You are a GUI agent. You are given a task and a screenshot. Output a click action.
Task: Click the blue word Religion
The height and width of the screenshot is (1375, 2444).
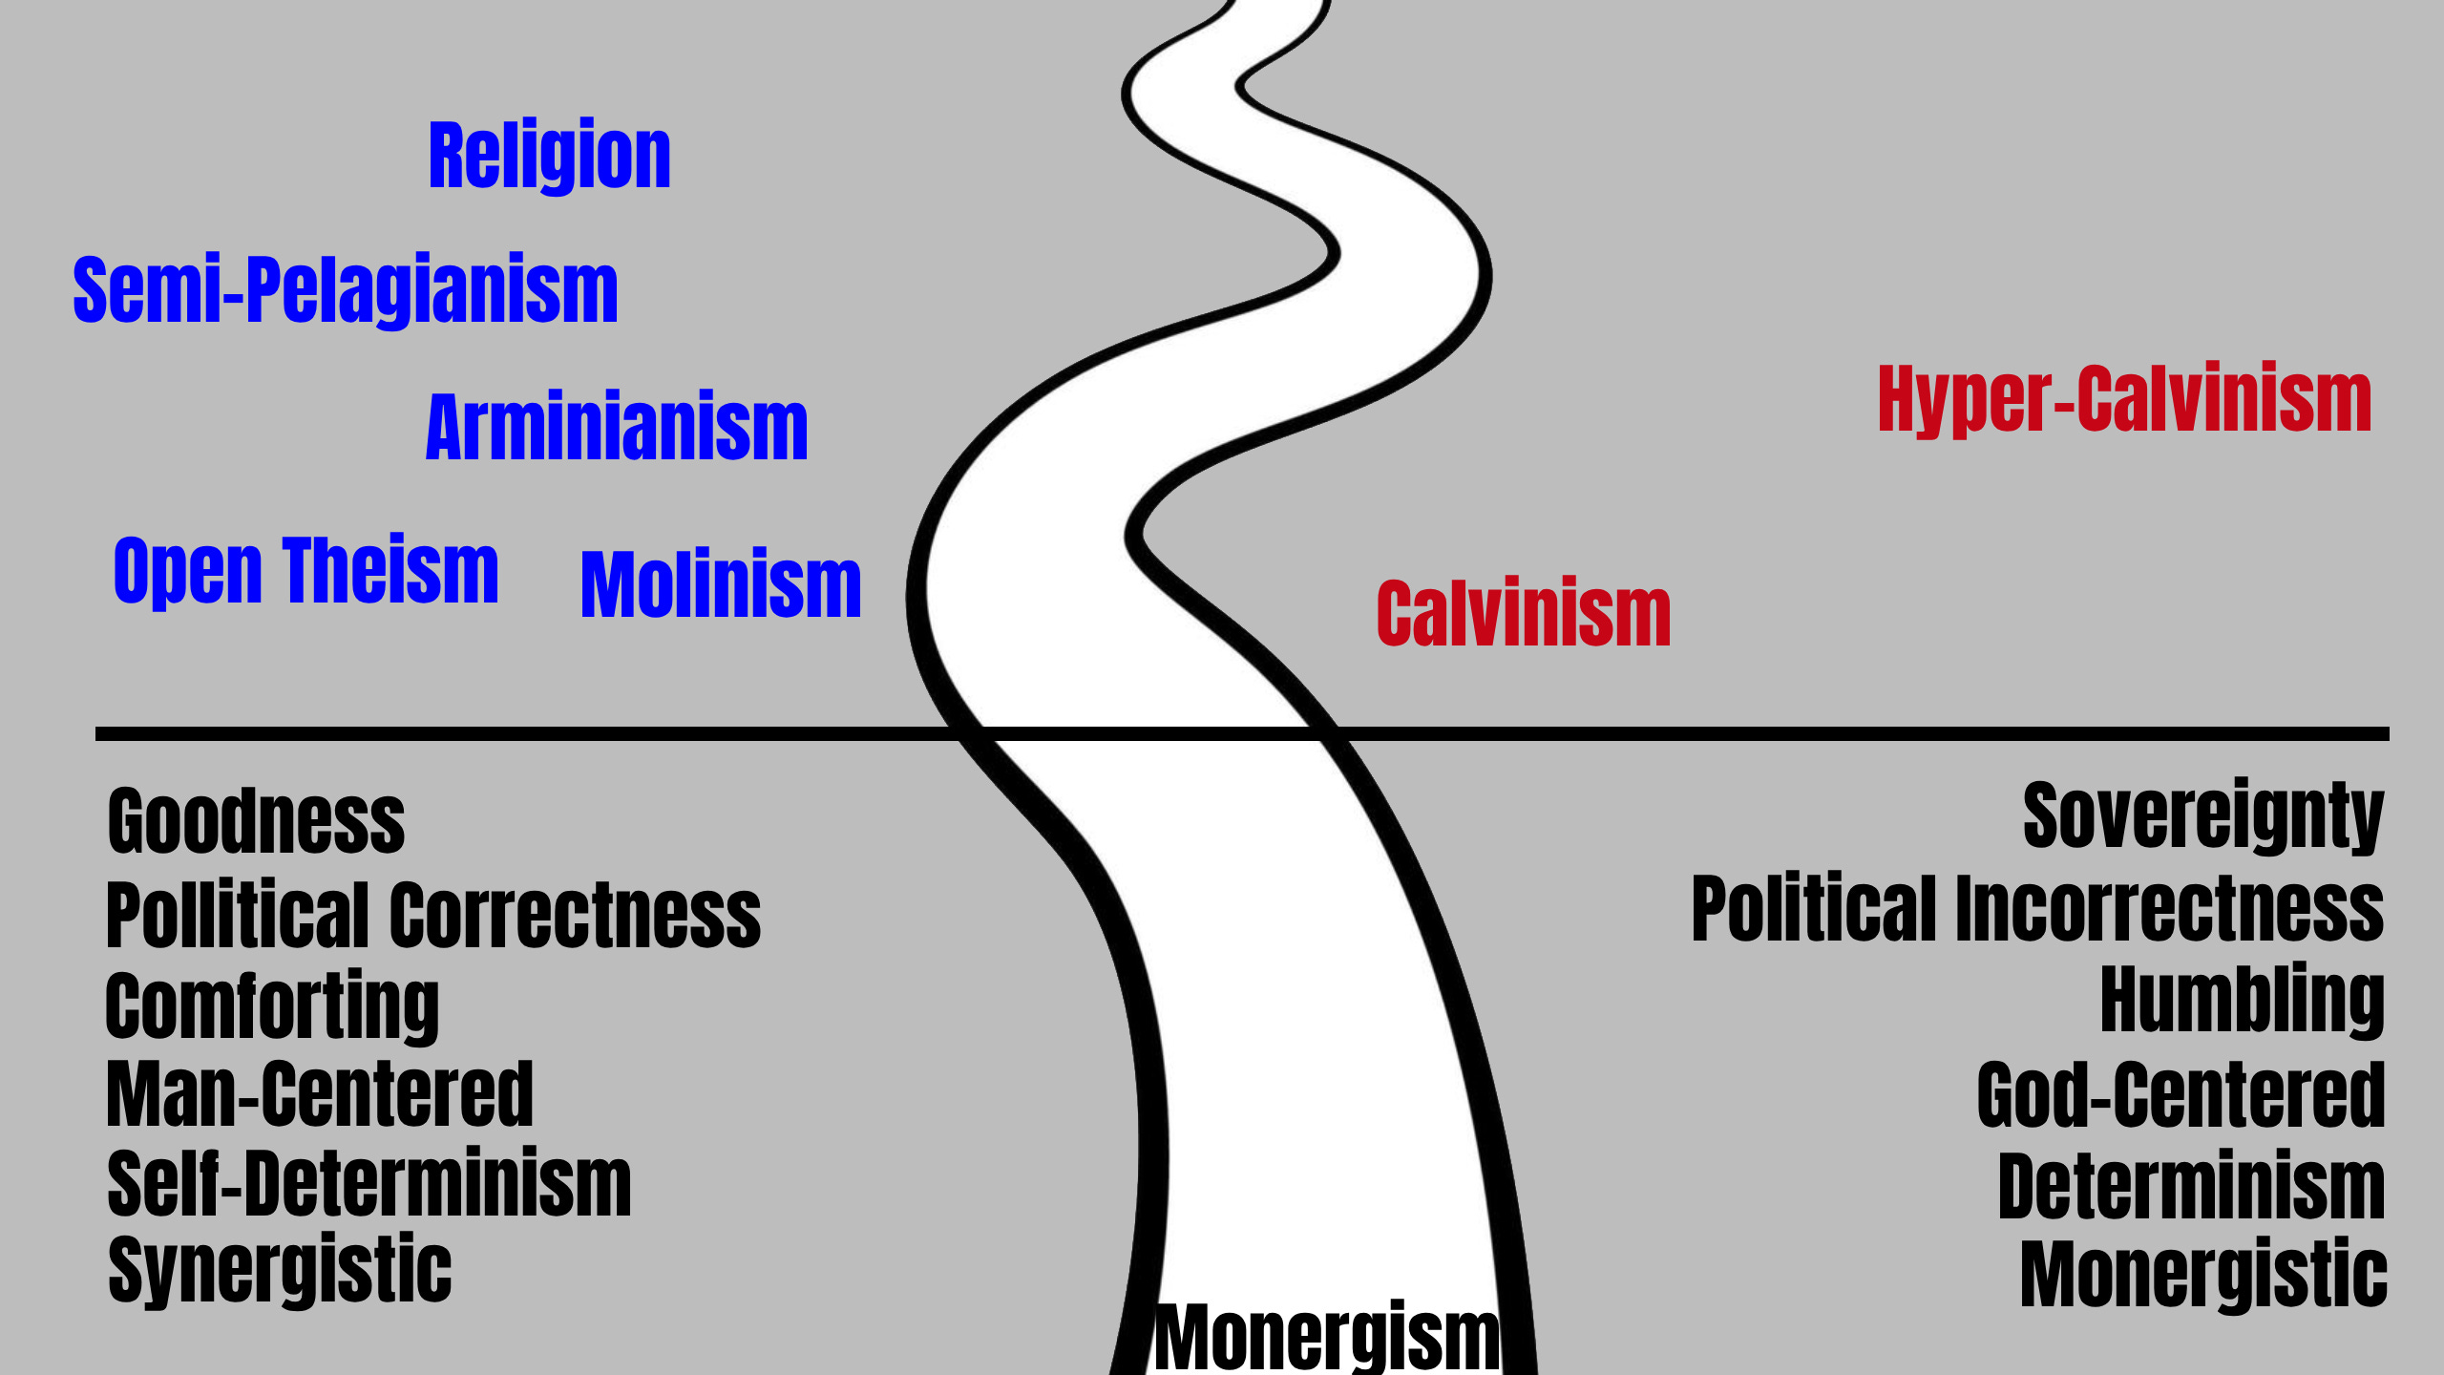coord(549,155)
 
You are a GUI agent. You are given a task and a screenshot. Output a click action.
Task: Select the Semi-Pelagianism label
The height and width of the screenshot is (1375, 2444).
coord(346,289)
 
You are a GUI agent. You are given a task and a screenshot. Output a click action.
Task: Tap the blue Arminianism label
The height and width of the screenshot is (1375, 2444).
coord(617,427)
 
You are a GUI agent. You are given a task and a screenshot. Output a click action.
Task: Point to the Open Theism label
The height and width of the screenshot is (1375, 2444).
coord(305,570)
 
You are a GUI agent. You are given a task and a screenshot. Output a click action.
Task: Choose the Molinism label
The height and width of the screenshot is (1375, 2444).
coord(721,583)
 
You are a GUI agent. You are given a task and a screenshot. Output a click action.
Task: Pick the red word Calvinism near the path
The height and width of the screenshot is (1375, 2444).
coord(1524,614)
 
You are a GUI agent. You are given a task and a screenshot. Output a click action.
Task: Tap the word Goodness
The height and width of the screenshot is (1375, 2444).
coord(256,820)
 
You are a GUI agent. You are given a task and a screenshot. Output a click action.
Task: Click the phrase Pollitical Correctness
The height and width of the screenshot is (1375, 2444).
coord(433,915)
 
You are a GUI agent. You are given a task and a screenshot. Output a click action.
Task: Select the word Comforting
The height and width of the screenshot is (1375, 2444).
coord(272,1005)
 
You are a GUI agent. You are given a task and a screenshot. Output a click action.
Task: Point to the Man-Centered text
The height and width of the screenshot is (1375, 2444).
coord(320,1094)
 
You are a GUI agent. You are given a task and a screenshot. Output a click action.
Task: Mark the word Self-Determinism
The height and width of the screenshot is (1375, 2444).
coord(369,1184)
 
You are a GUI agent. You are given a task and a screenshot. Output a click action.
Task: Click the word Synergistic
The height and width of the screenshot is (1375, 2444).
coord(280,1270)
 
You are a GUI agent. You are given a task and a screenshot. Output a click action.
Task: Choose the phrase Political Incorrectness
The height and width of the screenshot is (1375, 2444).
coord(2037,908)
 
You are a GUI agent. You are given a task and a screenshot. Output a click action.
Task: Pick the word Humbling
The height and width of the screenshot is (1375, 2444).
coord(2243,999)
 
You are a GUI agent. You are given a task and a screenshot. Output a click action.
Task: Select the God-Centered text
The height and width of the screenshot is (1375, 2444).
coord(2181,1094)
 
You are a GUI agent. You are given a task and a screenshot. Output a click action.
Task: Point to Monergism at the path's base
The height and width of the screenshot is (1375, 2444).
coord(1327,1337)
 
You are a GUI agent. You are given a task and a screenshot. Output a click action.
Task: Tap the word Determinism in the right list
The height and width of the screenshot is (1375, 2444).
coord(2192,1185)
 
